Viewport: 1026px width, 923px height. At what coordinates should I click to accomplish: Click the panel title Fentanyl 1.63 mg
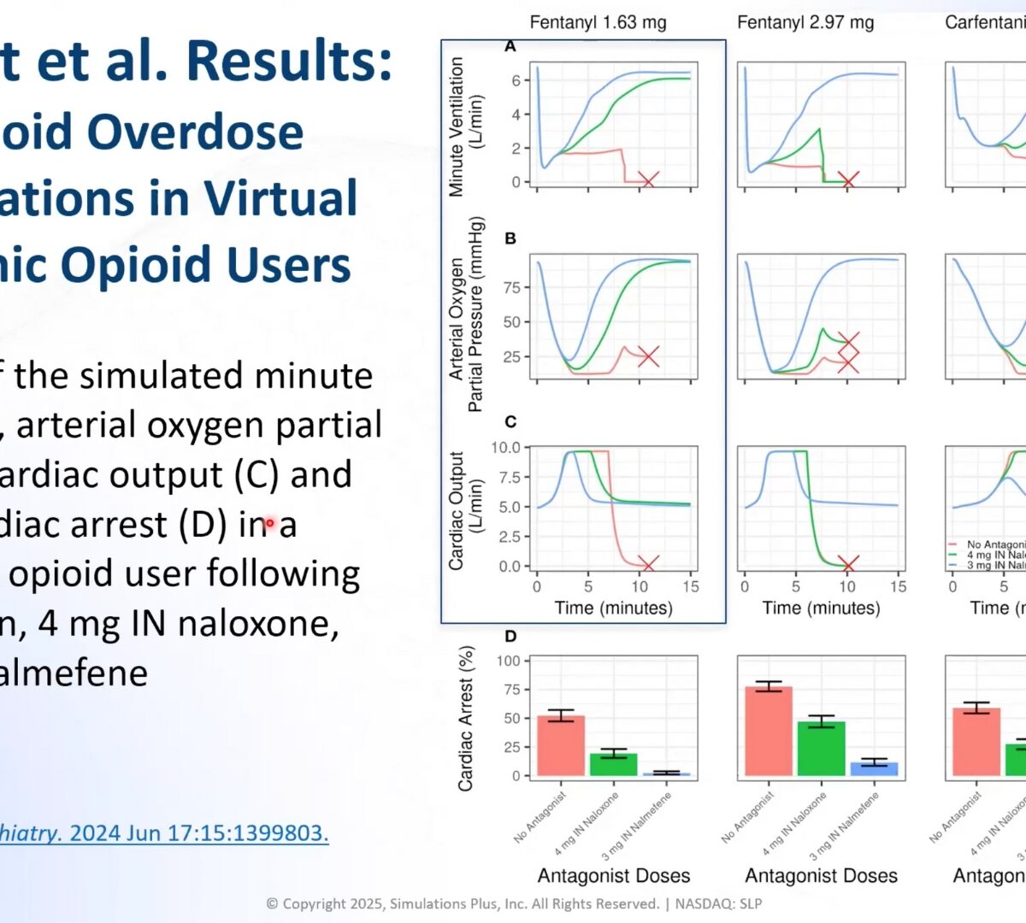[x=598, y=22]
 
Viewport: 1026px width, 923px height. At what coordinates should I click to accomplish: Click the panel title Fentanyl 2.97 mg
[x=805, y=22]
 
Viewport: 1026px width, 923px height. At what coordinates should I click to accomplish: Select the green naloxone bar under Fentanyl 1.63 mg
[x=613, y=764]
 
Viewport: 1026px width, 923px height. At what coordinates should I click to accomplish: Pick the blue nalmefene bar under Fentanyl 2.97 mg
[x=874, y=769]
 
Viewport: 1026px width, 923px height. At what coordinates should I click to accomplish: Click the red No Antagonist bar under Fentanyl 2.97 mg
[x=769, y=732]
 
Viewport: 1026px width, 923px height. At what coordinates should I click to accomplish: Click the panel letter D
[x=510, y=636]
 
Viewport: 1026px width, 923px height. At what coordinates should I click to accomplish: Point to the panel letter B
[x=510, y=238]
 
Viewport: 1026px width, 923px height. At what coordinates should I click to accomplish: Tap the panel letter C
[x=510, y=421]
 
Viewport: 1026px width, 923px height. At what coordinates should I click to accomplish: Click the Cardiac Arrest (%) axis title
[x=466, y=718]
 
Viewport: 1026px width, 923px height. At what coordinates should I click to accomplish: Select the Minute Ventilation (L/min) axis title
[x=466, y=126]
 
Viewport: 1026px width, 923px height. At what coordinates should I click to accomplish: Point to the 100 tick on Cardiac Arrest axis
[x=508, y=661]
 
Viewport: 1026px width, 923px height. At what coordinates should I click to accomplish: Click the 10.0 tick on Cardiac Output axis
[x=505, y=448]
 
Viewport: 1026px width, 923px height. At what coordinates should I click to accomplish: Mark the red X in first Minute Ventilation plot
[x=648, y=180]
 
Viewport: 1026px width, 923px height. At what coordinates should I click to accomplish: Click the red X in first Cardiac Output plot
[x=648, y=564]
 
